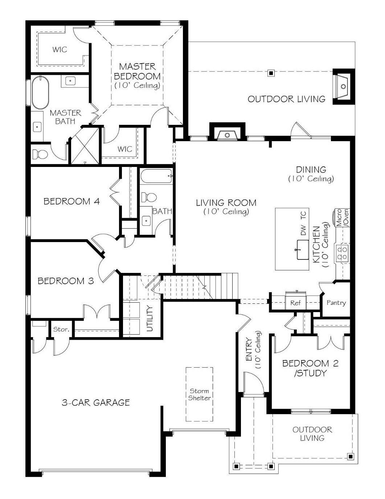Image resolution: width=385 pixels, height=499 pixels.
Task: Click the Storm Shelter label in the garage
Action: pos(199,394)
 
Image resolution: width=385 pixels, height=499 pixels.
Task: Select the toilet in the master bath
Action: pos(40,154)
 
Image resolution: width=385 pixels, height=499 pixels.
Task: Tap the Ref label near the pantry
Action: pos(295,303)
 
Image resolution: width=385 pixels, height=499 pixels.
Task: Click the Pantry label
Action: pos(336,303)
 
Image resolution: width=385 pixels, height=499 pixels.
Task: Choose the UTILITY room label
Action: pos(150,319)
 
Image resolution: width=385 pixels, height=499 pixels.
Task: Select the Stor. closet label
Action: pos(61,330)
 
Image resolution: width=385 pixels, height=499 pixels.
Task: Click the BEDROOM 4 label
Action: pos(71,201)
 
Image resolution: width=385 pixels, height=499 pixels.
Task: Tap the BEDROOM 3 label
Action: pos(66,281)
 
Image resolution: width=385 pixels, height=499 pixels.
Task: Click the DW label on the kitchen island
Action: pos(303,230)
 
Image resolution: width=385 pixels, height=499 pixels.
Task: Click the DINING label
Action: pos(311,170)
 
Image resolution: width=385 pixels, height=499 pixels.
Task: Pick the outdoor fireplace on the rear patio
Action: pos(343,87)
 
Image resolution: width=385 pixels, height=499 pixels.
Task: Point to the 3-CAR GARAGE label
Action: pos(96,402)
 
